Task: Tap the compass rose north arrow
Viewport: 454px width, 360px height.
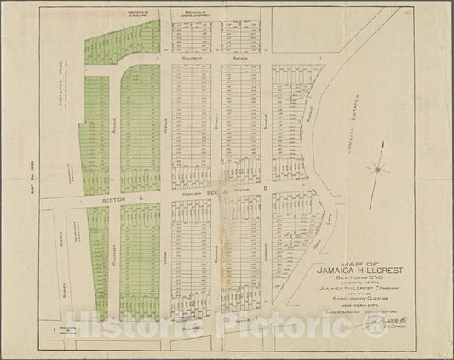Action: click(x=378, y=168)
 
